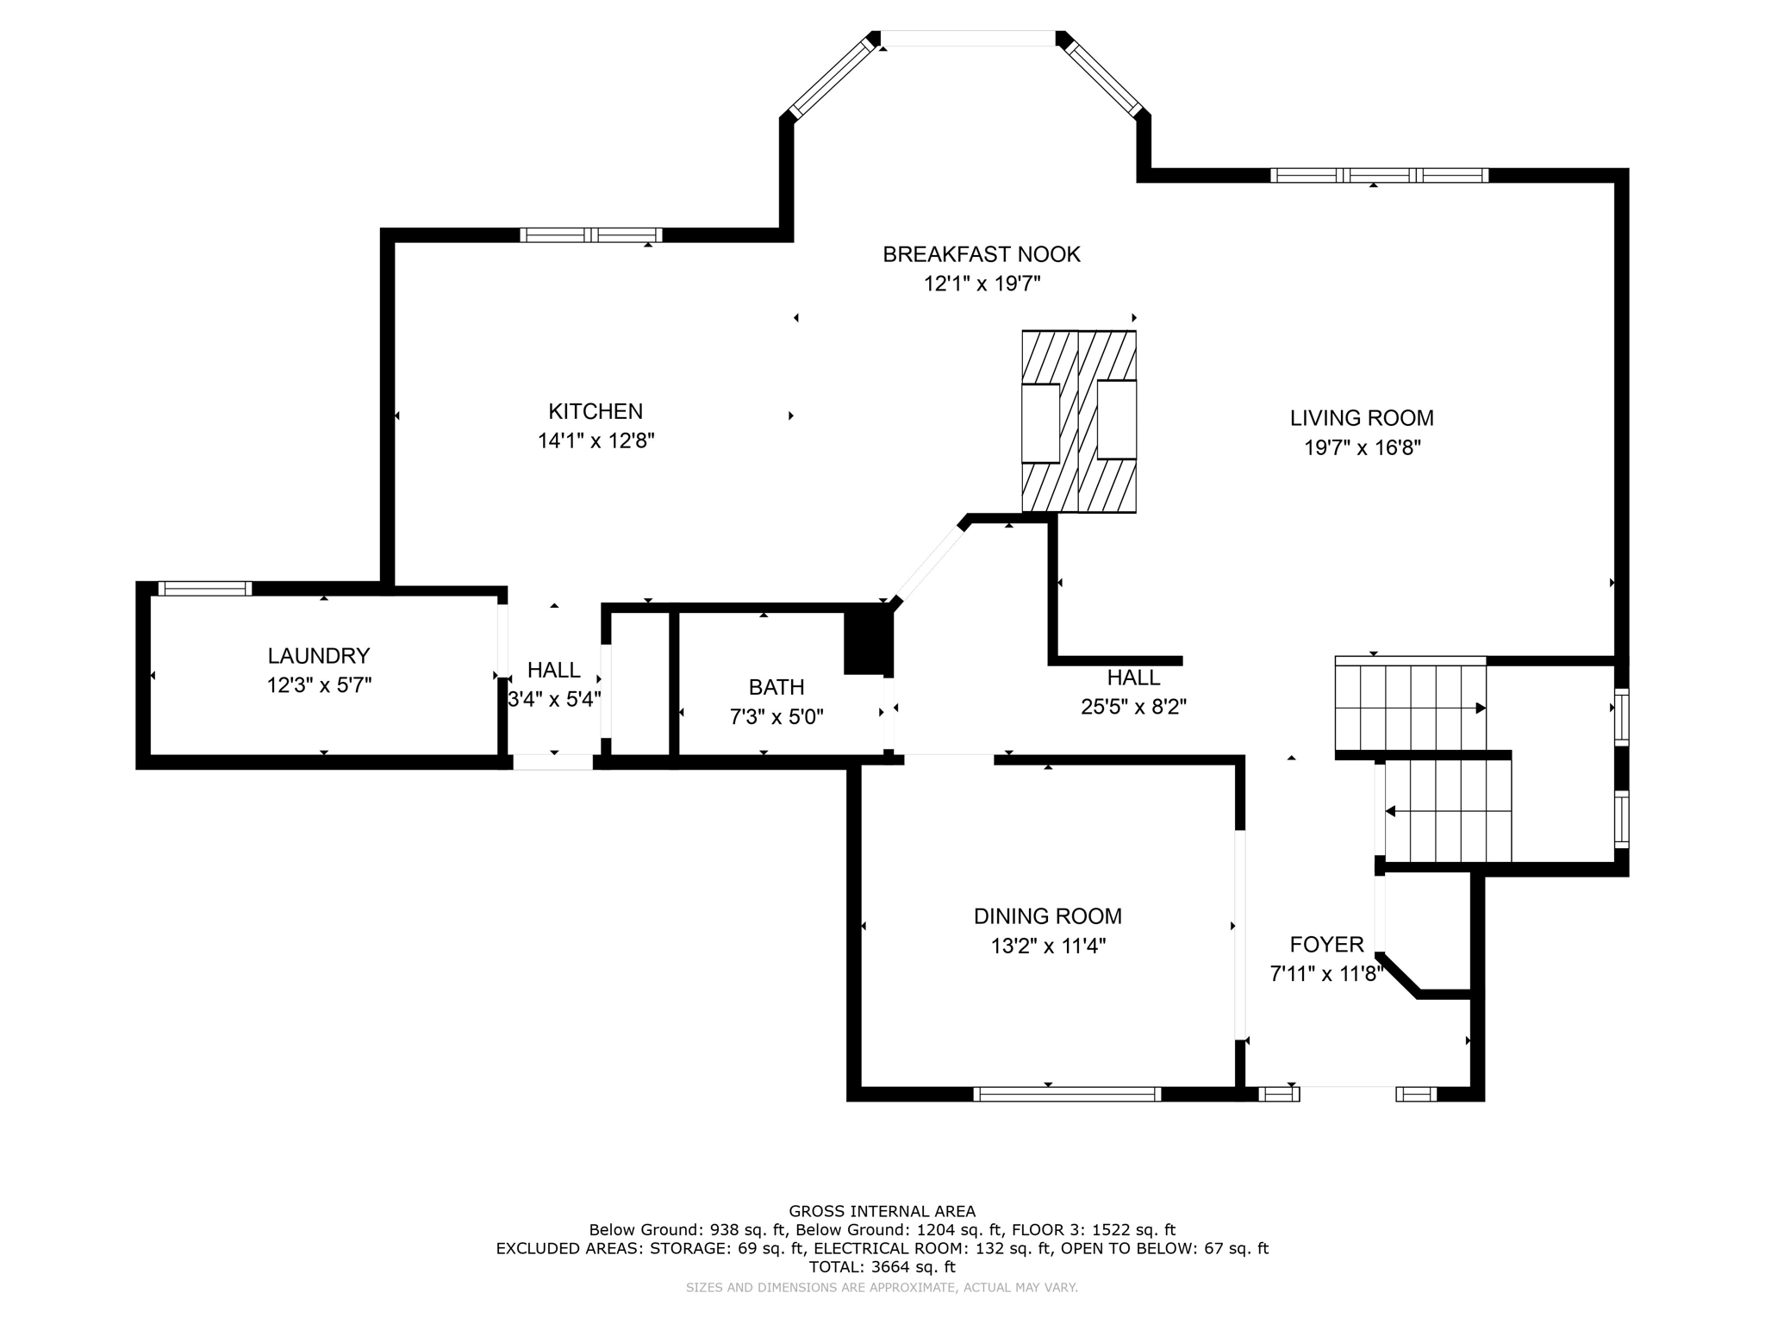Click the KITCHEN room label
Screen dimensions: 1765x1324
click(596, 411)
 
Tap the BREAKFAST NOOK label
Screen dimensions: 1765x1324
click(982, 254)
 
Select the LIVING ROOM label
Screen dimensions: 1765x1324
click(1362, 418)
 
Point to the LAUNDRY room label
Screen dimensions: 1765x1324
click(319, 656)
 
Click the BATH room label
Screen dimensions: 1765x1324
click(776, 687)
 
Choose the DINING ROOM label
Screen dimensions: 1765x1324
click(1048, 916)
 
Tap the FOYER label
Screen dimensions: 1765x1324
click(1327, 945)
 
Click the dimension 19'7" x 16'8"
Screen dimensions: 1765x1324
click(1362, 447)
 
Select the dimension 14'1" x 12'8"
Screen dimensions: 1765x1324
click(596, 440)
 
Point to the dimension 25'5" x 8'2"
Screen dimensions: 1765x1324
click(1134, 707)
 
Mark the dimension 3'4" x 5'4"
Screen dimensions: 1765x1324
click(554, 699)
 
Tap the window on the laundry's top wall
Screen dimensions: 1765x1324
click(204, 589)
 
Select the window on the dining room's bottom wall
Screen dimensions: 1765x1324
click(1067, 1094)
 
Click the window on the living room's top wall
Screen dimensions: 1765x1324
click(1379, 175)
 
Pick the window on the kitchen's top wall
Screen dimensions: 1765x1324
click(591, 234)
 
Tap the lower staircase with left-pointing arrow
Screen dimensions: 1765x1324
click(1448, 811)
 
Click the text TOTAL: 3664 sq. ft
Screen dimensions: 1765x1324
click(882, 1267)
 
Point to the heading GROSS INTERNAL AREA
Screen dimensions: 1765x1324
click(882, 1211)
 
